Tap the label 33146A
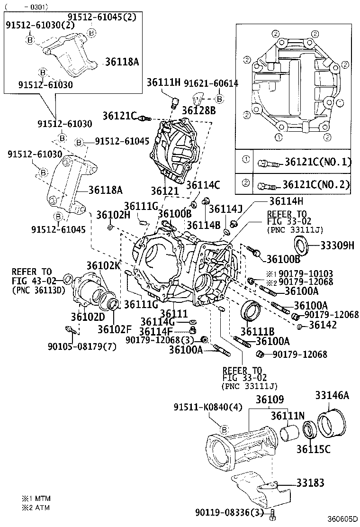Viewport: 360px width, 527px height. [332, 396]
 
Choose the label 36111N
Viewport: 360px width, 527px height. [287, 416]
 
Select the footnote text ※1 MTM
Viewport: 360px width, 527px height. [36, 499]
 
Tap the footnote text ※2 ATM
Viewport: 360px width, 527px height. [36, 508]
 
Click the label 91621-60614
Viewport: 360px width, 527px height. [211, 83]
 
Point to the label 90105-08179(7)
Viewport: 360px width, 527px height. [81, 346]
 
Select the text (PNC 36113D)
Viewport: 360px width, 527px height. [37, 290]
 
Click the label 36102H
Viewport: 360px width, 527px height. [113, 215]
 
